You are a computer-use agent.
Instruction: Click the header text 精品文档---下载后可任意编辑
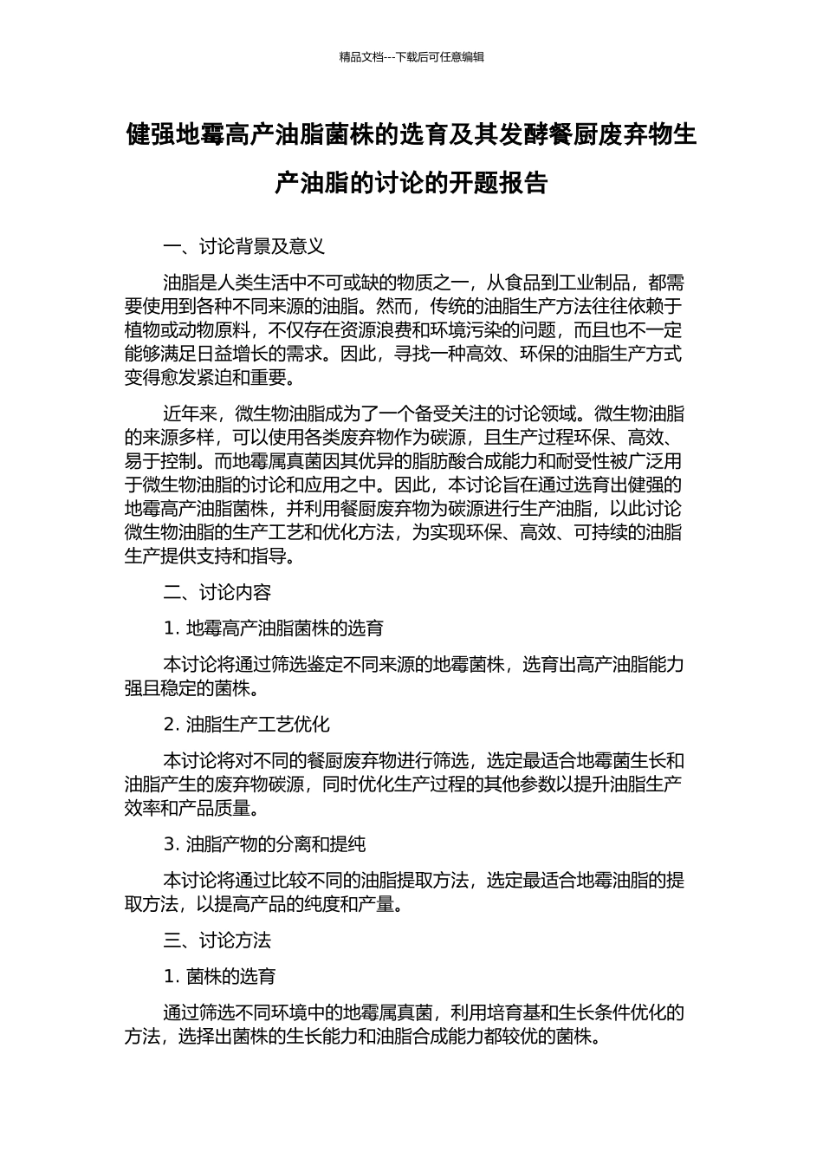pyautogui.click(x=411, y=57)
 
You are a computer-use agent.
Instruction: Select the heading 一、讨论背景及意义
pyautogui.click(x=244, y=246)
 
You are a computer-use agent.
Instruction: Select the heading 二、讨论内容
pyautogui.click(x=217, y=592)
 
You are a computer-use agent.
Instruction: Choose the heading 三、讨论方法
pyautogui.click(x=217, y=940)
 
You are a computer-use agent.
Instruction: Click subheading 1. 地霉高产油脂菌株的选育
pyautogui.click(x=274, y=628)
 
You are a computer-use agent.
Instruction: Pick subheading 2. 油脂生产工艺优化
pyautogui.click(x=247, y=724)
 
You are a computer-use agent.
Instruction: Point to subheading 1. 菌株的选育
pyautogui.click(x=220, y=976)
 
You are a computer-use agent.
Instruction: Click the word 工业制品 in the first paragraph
pyautogui.click(x=595, y=283)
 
